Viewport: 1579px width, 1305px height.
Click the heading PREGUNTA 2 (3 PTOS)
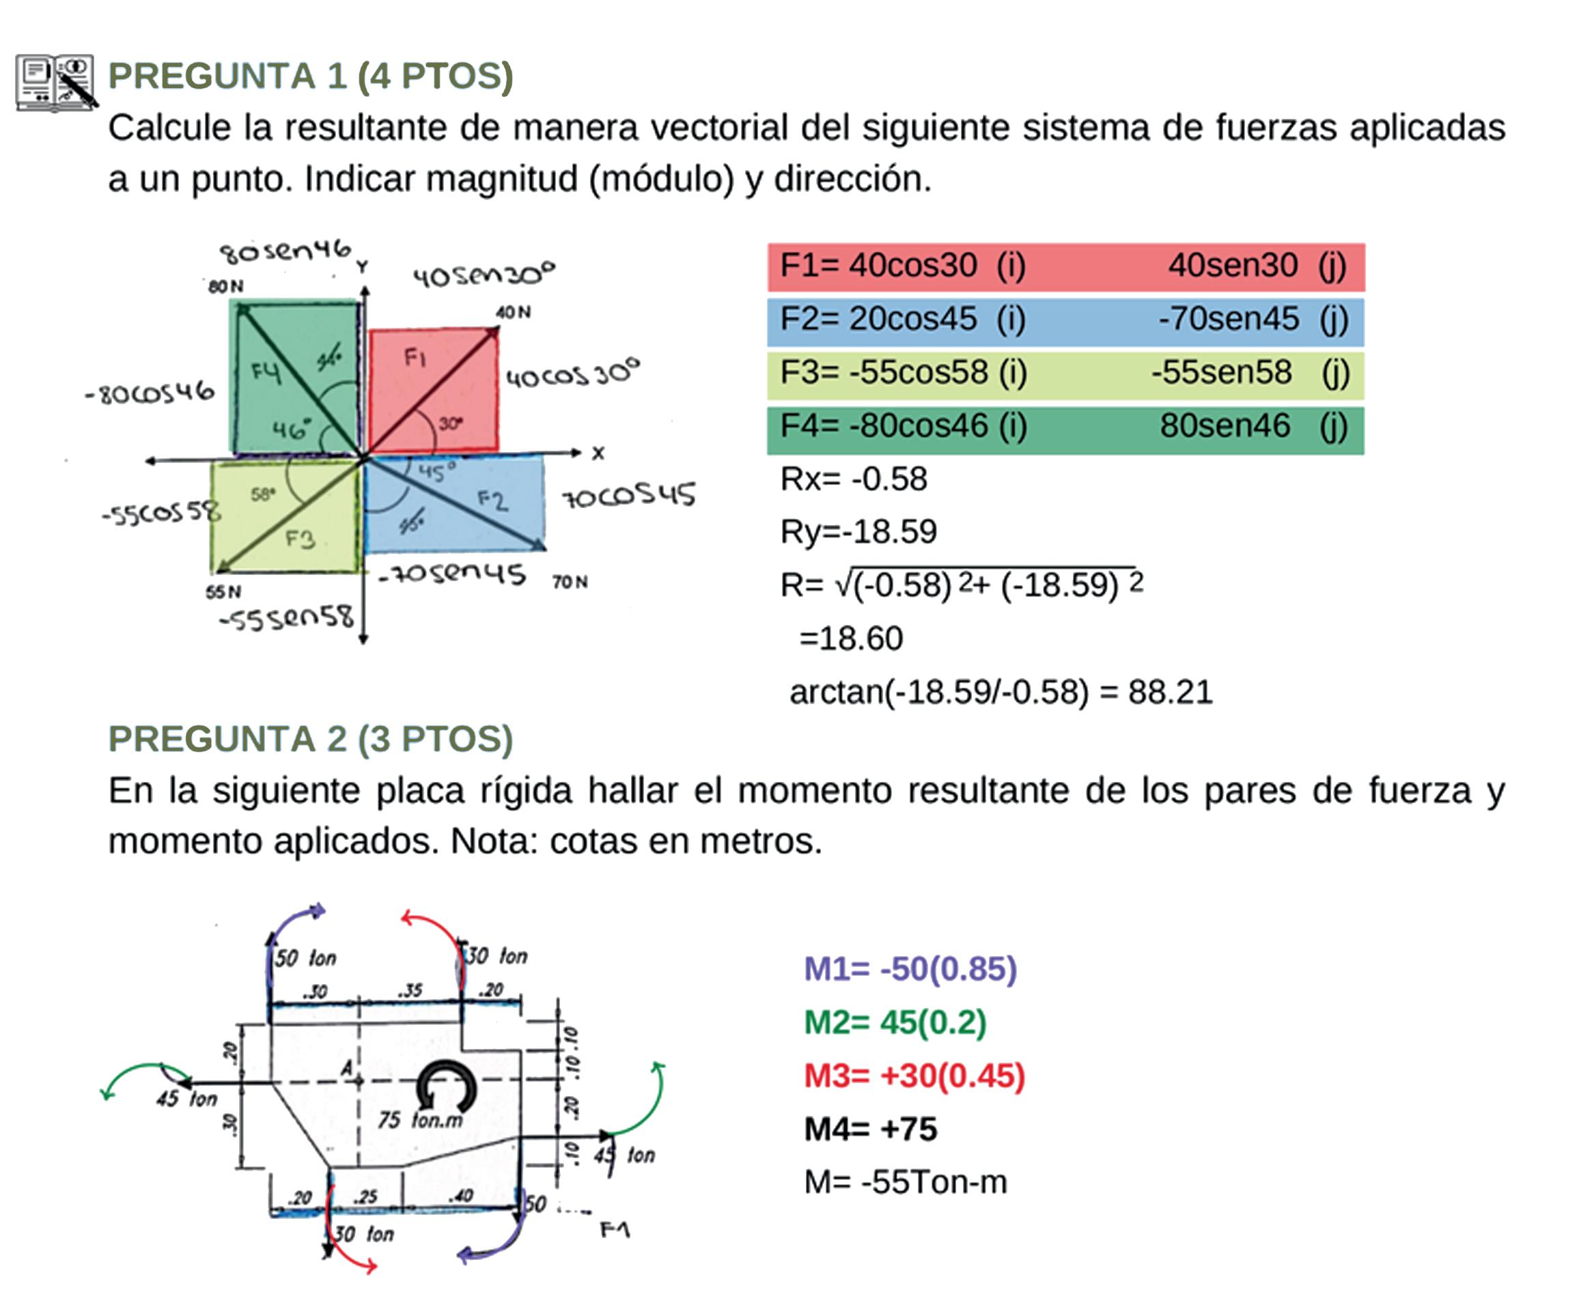(311, 739)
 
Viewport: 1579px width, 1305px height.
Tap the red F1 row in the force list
(1065, 267)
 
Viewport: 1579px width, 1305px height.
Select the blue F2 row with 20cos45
(1065, 321)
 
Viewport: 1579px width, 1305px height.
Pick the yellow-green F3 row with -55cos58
(1065, 374)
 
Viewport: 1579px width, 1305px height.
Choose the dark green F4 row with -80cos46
(1065, 427)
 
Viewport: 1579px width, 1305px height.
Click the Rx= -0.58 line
(854, 479)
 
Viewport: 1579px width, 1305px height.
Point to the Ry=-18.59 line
(858, 532)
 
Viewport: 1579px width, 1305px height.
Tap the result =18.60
(850, 639)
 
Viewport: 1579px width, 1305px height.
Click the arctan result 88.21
(1170, 692)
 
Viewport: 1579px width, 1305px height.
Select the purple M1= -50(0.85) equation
(910, 969)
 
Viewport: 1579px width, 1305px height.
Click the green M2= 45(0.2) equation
(895, 1022)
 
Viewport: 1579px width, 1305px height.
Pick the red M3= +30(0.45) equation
(914, 1076)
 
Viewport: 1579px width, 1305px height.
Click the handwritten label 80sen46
(285, 252)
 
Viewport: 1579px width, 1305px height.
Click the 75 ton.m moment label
(420, 1120)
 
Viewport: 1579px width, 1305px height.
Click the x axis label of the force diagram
(598, 453)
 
